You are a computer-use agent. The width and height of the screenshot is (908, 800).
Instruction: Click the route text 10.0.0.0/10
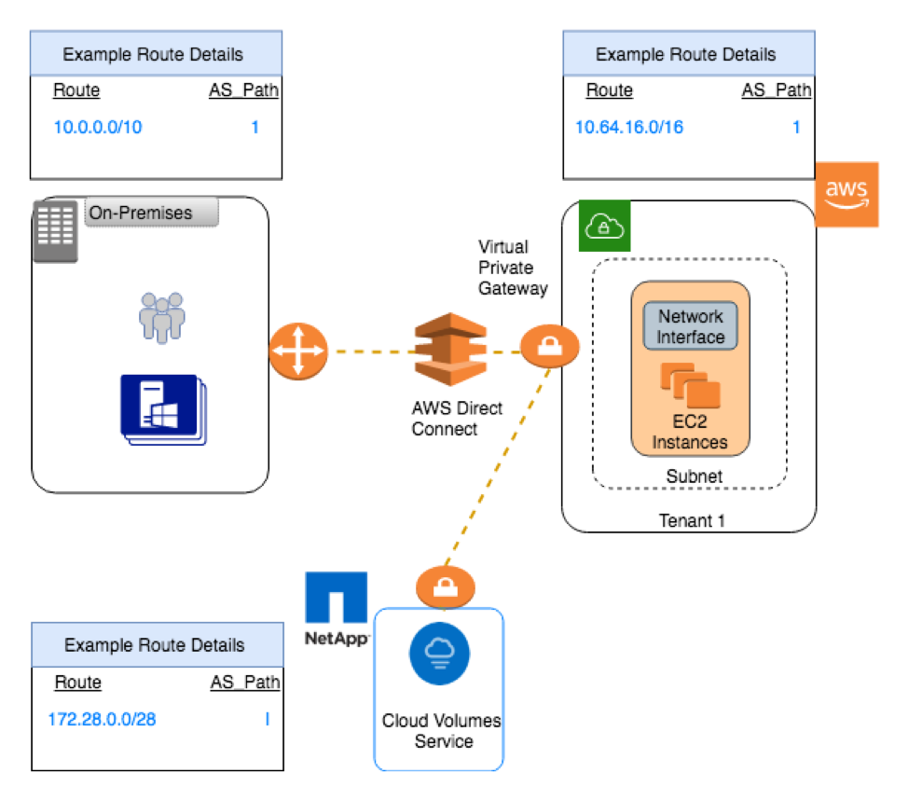[98, 127]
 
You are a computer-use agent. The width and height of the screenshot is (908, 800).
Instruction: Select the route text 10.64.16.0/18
[629, 127]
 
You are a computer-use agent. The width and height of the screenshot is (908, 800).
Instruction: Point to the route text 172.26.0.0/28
[102, 719]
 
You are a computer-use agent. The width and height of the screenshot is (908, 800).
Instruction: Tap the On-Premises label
[151, 213]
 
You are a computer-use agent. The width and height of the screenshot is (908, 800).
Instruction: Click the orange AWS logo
[846, 194]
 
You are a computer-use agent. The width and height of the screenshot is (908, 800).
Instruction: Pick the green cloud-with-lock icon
[604, 226]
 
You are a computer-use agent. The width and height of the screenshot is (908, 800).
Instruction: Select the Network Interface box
[690, 326]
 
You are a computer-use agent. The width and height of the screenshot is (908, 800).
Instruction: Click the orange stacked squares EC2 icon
[691, 385]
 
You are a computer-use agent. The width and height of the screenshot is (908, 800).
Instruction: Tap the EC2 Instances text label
[690, 432]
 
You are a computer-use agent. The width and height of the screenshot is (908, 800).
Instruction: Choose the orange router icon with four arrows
[298, 352]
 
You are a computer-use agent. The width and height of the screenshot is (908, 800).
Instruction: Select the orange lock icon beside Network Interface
[549, 346]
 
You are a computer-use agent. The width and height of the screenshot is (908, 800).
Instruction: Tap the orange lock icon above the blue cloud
[446, 586]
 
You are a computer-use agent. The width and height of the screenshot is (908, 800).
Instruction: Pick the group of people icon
[162, 317]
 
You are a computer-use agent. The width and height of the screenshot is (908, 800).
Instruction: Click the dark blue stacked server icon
[162, 408]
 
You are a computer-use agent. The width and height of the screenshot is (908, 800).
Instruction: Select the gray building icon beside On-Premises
[55, 230]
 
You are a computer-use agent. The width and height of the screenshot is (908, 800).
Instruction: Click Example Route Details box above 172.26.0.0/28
[158, 644]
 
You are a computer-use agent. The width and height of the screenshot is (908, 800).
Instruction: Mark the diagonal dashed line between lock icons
[497, 466]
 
